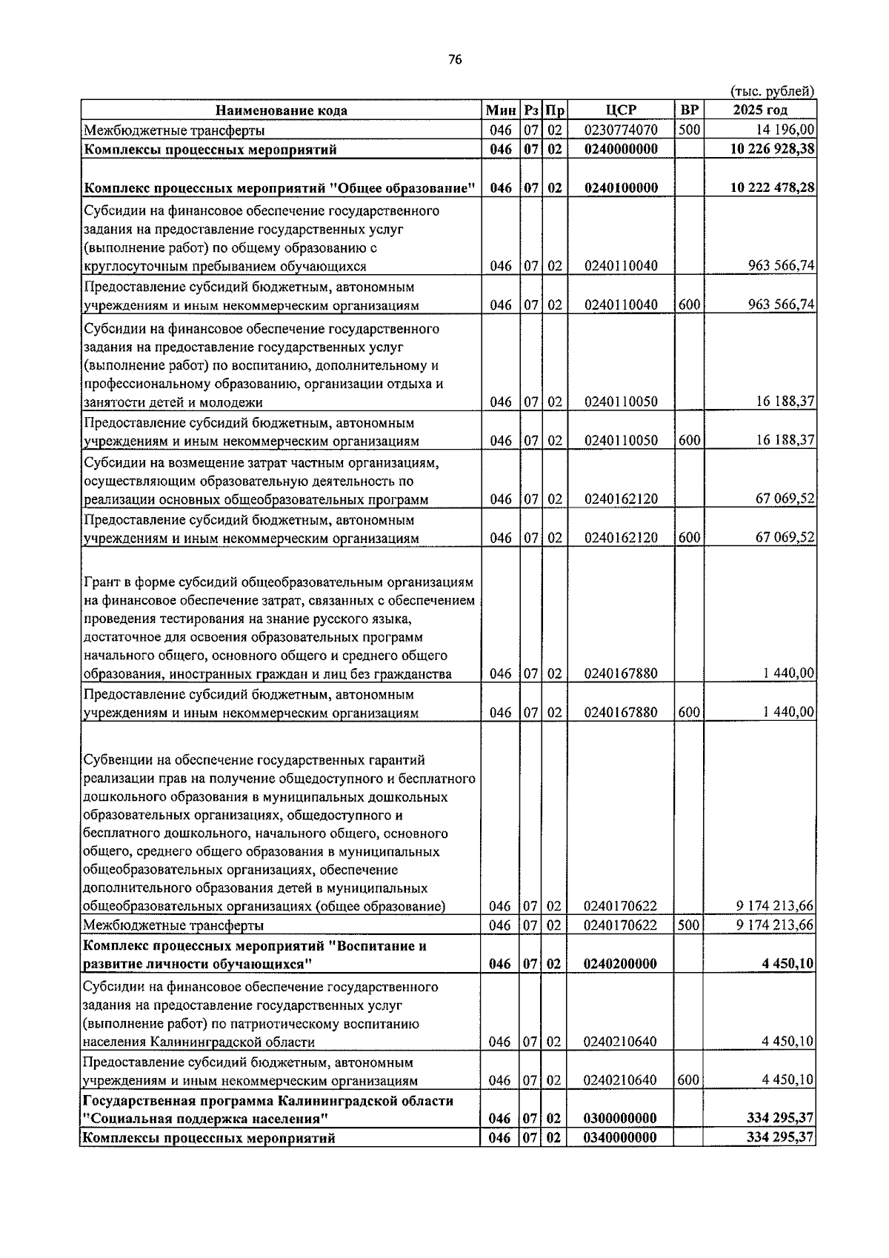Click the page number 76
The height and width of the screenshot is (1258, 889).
point(455,60)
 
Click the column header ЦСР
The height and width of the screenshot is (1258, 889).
point(620,110)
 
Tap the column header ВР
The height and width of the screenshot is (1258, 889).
point(689,110)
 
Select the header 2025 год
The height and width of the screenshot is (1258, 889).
point(759,110)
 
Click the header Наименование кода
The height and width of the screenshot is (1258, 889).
point(281,110)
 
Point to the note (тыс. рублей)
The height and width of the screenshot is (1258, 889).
point(772,91)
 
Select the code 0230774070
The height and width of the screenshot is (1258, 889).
point(620,130)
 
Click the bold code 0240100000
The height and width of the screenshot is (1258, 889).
point(620,188)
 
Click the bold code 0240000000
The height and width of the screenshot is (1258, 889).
point(620,149)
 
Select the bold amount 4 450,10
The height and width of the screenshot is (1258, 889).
point(788,964)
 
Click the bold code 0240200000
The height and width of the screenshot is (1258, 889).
point(620,964)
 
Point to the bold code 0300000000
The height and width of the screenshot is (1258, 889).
point(620,1118)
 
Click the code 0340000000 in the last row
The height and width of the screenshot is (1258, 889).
point(620,1137)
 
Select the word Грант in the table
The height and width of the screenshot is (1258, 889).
point(101,582)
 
